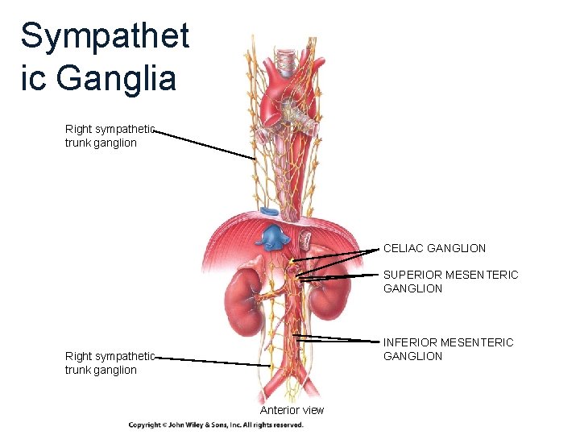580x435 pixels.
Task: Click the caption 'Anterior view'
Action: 292,410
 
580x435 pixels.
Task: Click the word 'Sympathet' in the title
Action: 105,36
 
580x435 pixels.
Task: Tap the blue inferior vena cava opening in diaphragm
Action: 273,237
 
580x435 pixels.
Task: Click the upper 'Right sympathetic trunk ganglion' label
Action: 110,136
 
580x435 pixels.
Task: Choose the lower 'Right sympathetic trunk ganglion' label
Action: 110,363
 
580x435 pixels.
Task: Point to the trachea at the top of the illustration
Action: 286,60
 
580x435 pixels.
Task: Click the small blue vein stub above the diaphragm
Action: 268,211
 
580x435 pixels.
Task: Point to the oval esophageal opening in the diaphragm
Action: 305,238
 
